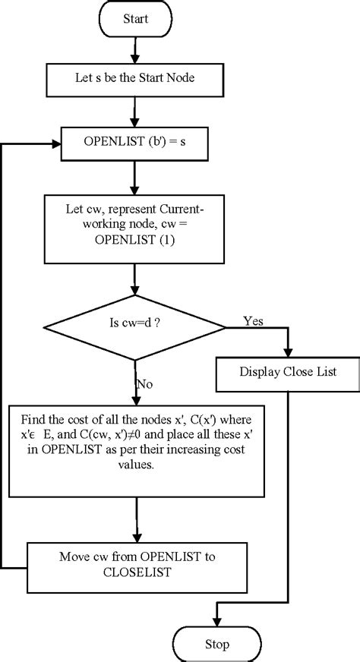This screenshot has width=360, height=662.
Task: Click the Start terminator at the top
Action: point(134,18)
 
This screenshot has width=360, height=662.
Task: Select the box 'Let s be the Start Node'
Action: point(134,77)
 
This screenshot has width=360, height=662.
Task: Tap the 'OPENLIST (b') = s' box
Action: point(134,142)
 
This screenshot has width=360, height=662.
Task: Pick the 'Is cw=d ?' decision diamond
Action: point(134,327)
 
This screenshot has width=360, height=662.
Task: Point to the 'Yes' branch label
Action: point(253,321)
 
